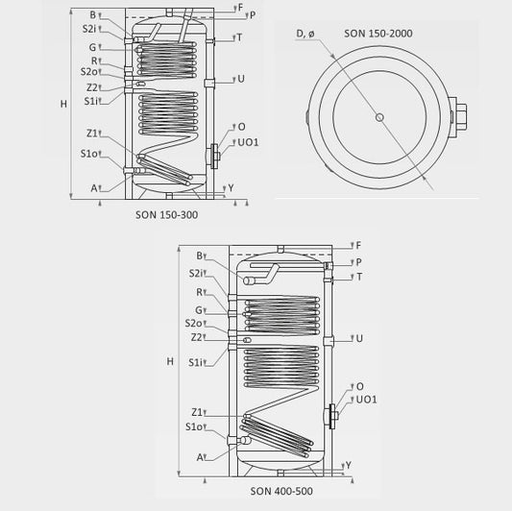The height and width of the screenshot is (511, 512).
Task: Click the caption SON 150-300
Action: (166, 215)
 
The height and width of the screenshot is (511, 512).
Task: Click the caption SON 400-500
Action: (281, 491)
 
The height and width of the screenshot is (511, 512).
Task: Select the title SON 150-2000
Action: (378, 34)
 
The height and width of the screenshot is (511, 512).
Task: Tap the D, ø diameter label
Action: (305, 34)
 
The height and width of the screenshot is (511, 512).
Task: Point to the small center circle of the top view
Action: (379, 117)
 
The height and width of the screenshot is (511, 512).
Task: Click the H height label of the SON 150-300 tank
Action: (63, 104)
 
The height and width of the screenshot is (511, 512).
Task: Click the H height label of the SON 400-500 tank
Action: (170, 361)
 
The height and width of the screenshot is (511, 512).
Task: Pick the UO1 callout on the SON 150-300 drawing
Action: (248, 142)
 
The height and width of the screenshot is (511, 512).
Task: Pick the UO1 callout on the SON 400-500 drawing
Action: (366, 400)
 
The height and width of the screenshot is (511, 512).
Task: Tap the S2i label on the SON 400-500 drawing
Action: (196, 274)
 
